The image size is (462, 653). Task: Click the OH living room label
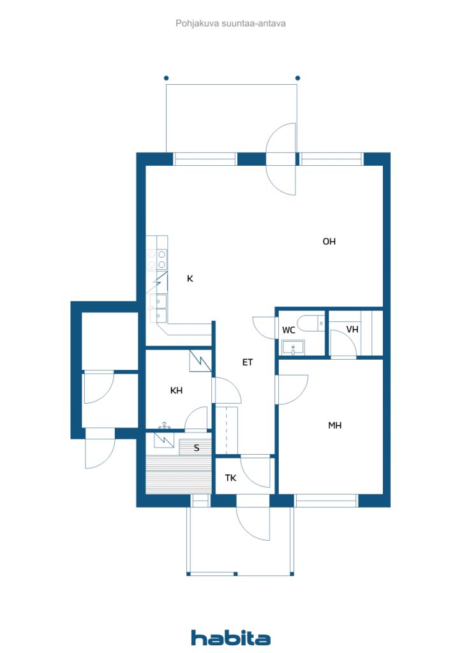coord(329,242)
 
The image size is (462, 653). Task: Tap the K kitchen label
coord(190,279)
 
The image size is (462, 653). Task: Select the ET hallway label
coord(248,362)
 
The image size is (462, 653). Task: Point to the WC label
coord(288,330)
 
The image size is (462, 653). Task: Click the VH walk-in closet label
coord(352,330)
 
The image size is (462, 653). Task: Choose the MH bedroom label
coord(335,425)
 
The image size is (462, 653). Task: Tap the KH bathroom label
coord(176,390)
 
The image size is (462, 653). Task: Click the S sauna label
coord(197,448)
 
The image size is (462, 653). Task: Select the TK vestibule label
coord(230,478)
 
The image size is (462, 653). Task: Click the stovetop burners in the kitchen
coord(156,260)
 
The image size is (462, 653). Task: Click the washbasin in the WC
coord(293,348)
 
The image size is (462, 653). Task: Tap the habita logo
coord(230,638)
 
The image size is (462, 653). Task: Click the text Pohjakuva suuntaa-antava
coord(230,24)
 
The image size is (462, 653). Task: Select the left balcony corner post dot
coord(166,78)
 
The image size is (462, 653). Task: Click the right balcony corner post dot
coord(297,78)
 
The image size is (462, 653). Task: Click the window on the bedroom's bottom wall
coord(326,501)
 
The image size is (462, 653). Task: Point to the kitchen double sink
coord(158,308)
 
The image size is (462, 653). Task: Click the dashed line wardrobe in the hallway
coord(226,430)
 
